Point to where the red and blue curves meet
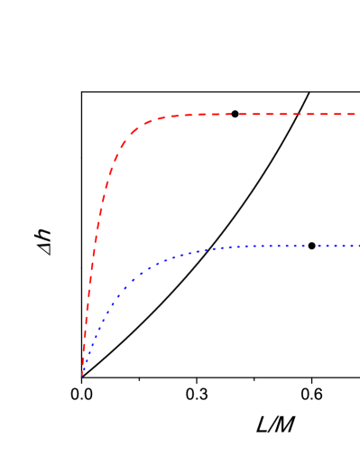click(82, 373)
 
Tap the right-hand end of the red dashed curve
click(355, 115)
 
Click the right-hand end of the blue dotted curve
click(357, 246)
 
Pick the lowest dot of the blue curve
click(83, 372)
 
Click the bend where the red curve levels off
click(149, 121)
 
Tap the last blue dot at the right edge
click(356, 246)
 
